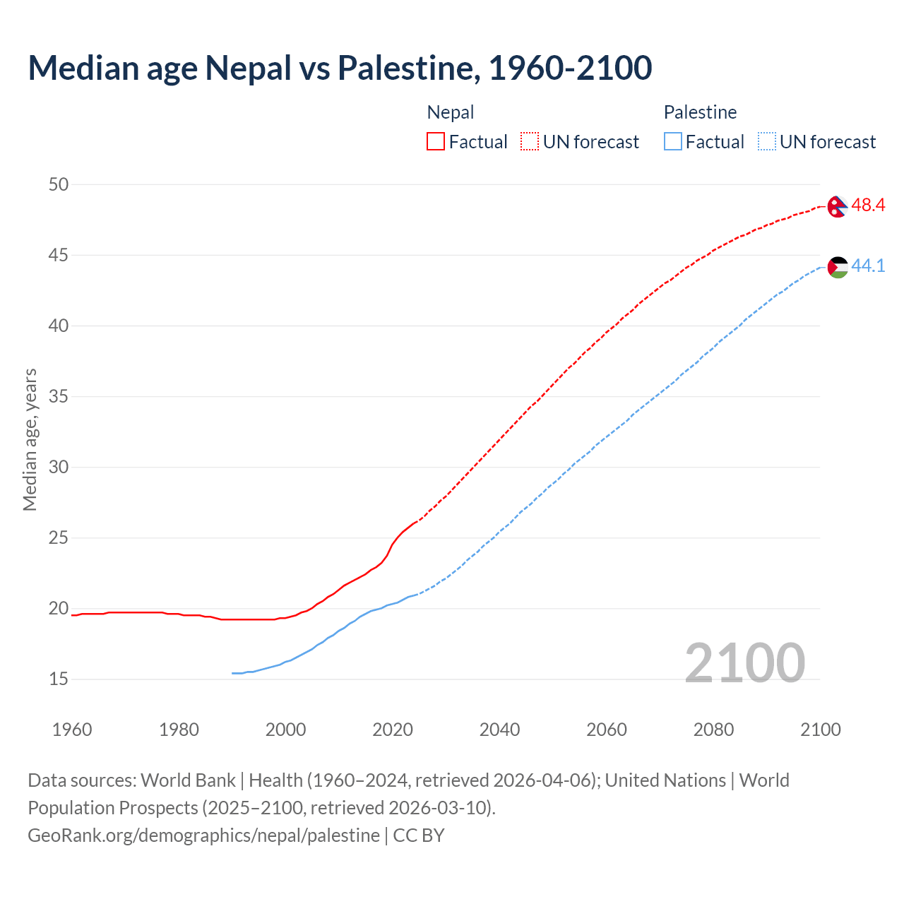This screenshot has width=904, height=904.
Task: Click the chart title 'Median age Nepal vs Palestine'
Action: click(340, 68)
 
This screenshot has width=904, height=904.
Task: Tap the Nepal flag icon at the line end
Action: click(837, 206)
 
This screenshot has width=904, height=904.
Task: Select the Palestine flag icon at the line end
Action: click(837, 267)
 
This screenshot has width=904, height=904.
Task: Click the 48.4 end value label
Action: click(868, 206)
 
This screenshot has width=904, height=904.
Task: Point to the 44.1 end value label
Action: click(868, 266)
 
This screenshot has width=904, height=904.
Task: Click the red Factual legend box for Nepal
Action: click(436, 142)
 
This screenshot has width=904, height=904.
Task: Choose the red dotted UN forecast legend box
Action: click(530, 142)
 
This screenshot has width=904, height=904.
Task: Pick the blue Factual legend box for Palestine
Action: click(673, 142)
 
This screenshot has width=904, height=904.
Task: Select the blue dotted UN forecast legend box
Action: click(767, 142)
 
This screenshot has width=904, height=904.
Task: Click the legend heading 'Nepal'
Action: click(451, 112)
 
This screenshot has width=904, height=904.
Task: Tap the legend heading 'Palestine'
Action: click(700, 112)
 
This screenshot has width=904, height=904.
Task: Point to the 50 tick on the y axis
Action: click(59, 184)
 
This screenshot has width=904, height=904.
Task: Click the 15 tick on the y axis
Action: click(59, 679)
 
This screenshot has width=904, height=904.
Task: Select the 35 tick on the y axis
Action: click(59, 396)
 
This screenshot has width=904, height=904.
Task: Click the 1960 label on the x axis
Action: click(72, 730)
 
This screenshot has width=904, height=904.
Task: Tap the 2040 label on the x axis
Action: click(499, 730)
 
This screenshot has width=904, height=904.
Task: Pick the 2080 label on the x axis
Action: click(713, 730)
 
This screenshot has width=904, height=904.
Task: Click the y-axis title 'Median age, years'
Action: click(30, 439)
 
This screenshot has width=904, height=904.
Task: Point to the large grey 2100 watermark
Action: click(744, 662)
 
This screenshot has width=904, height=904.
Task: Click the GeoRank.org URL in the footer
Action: click(203, 835)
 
